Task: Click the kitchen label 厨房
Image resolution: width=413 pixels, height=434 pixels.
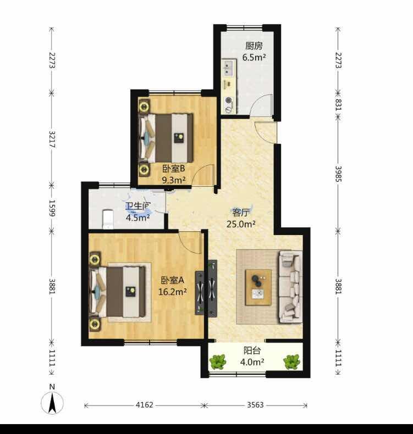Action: click(254, 46)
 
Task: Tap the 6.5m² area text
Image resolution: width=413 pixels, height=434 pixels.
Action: click(254, 57)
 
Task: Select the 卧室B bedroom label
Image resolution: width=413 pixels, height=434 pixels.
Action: click(173, 168)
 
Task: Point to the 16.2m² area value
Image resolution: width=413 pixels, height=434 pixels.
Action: click(172, 292)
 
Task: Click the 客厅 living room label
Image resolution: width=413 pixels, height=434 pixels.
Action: click(241, 213)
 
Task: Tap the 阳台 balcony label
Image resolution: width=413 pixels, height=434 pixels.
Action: click(252, 350)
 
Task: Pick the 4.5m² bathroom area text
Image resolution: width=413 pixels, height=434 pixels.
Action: click(138, 218)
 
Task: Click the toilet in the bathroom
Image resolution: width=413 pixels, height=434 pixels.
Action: click(108, 219)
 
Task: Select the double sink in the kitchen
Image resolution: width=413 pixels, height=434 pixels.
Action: click(228, 68)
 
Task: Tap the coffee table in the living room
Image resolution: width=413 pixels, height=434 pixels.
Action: click(258, 287)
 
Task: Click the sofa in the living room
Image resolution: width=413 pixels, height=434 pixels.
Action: click(290, 287)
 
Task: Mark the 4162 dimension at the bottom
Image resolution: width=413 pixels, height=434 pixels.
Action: click(144, 405)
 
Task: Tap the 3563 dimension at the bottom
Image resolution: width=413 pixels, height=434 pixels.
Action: click(255, 405)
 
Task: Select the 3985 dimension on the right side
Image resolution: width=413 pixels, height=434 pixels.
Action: click(338, 174)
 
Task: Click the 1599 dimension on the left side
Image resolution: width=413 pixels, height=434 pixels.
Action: click(52, 208)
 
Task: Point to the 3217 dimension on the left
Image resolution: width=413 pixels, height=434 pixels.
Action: click(52, 139)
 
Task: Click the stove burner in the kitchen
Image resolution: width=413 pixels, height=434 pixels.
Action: click(229, 100)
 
